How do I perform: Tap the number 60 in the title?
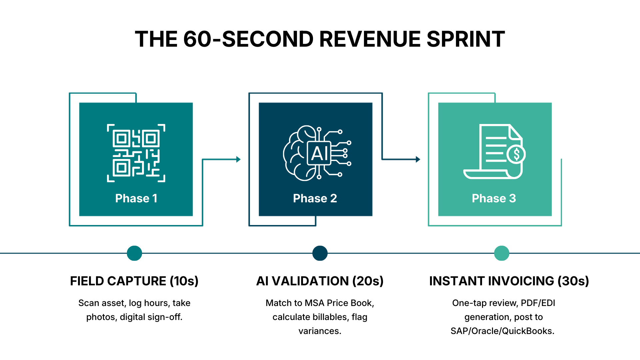click(x=197, y=39)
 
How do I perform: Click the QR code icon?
click(x=136, y=153)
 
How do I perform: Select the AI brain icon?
click(x=317, y=153)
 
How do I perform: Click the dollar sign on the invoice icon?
click(x=516, y=154)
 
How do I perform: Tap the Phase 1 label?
click(x=136, y=198)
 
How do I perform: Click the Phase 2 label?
click(x=315, y=198)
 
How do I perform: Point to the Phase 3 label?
click(x=494, y=198)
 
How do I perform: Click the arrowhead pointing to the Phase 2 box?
click(x=238, y=159)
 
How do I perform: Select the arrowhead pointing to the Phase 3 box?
click(x=418, y=159)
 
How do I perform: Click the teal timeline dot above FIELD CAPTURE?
click(x=134, y=253)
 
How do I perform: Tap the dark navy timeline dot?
click(x=320, y=253)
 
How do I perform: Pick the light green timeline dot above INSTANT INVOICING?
click(x=501, y=253)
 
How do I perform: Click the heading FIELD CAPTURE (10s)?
click(x=134, y=281)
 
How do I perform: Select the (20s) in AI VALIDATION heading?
click(x=368, y=281)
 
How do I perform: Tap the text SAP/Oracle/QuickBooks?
click(x=502, y=331)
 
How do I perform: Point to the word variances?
click(x=320, y=331)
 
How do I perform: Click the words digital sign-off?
click(x=151, y=317)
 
